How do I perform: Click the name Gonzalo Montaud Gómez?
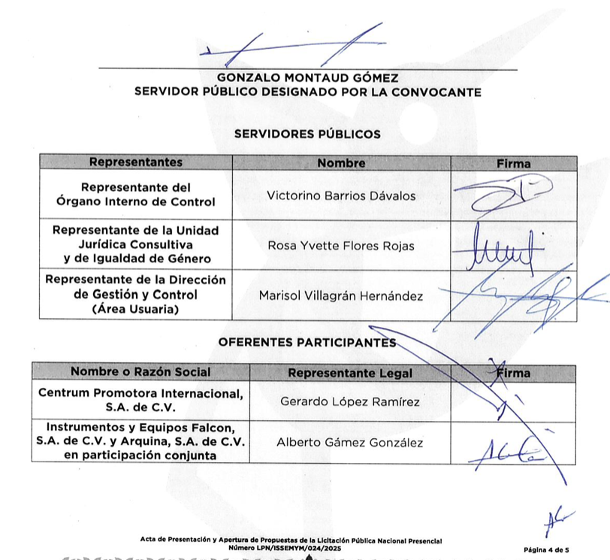tap(307, 77)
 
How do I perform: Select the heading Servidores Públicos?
tap(307, 135)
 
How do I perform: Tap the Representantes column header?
tap(135, 162)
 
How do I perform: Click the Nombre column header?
tap(341, 162)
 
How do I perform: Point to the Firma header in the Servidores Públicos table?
tap(514, 162)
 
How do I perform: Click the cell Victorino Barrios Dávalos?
tap(341, 195)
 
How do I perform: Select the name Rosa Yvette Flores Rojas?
tap(341, 245)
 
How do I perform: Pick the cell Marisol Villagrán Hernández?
tap(341, 295)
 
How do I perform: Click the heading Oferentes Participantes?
tap(307, 342)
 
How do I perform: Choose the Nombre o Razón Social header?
tap(140, 372)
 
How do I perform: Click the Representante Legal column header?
tap(350, 373)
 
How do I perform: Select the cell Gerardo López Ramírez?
tap(350, 401)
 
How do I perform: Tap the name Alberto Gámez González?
tap(350, 442)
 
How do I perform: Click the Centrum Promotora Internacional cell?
tap(140, 401)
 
